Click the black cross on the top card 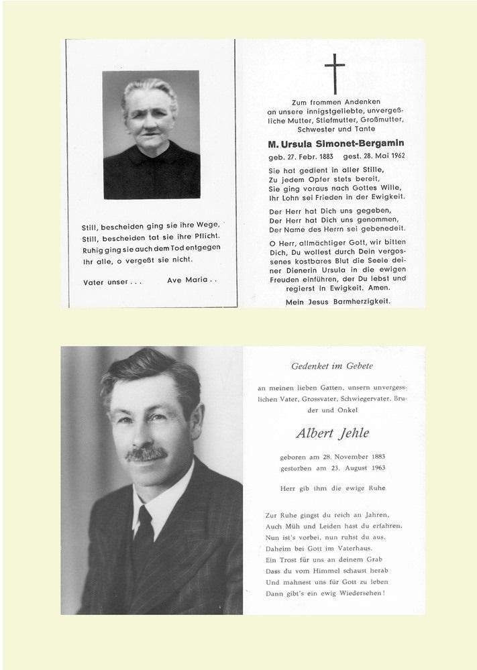click(x=334, y=72)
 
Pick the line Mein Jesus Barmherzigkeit click(x=337, y=302)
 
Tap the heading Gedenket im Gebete click(x=331, y=366)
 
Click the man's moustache click(x=146, y=454)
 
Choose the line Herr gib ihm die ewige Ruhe click(x=331, y=488)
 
